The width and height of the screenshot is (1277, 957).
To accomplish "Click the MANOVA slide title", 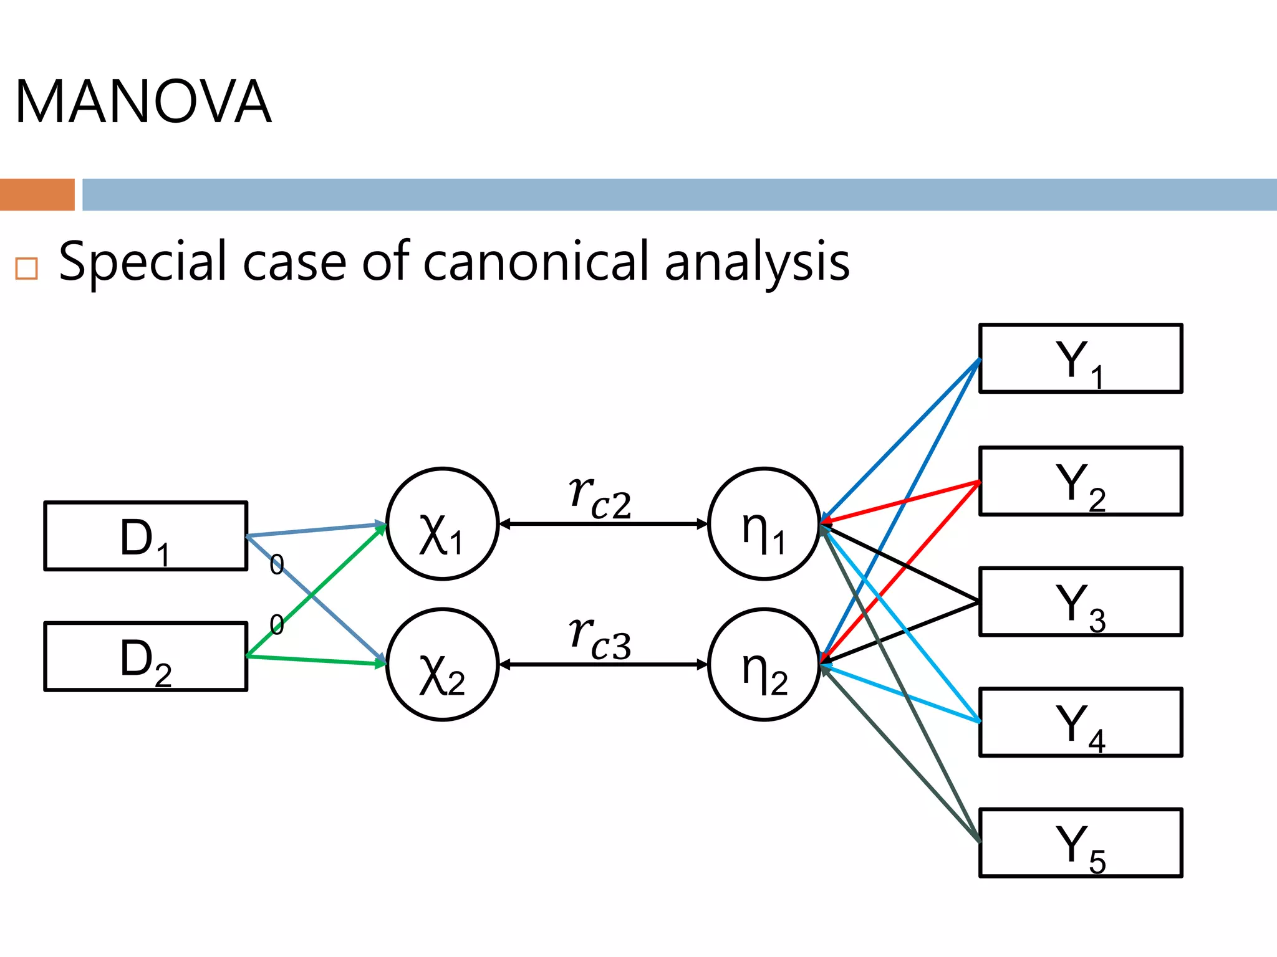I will (143, 102).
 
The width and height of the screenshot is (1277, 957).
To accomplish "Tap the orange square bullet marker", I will (26, 268).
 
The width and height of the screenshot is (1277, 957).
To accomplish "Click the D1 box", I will (146, 536).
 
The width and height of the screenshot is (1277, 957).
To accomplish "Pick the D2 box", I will (146, 657).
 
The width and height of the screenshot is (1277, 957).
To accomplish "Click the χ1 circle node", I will (442, 524).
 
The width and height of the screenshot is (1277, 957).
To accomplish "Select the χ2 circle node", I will (442, 665).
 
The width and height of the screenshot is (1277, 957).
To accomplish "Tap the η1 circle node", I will (764, 524).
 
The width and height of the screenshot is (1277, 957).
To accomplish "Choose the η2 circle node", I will (764, 665).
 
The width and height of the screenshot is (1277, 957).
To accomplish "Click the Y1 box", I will (1081, 359).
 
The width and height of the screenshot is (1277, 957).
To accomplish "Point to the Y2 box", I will (1081, 481).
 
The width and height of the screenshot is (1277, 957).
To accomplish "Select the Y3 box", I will (1081, 602).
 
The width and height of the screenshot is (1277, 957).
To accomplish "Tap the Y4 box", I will (1081, 723).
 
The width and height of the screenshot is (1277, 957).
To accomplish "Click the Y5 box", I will (1081, 843).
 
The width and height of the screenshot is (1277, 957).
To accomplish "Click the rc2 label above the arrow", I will (600, 498).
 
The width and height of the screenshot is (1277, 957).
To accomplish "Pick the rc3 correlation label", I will (600, 639).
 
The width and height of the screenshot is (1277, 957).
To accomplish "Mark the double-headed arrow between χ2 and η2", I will (604, 665).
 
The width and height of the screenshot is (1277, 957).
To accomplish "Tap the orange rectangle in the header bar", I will (37, 194).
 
